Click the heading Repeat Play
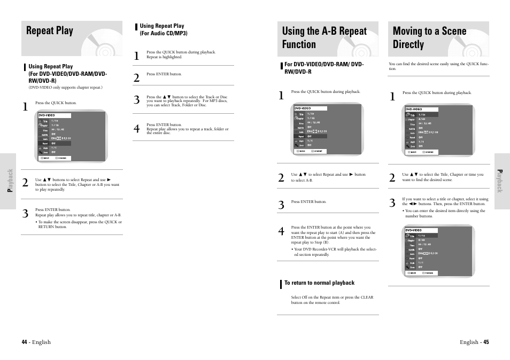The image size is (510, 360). click(50, 31)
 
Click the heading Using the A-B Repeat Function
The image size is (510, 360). click(324, 38)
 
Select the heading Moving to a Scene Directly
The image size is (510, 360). click(429, 38)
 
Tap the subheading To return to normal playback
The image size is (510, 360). click(319, 283)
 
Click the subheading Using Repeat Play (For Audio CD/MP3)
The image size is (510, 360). click(163, 29)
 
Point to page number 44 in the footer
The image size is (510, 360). click(24, 342)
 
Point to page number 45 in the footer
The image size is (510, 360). click(486, 342)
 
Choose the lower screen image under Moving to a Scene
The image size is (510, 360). click(438, 251)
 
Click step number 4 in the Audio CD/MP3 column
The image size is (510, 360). click(136, 129)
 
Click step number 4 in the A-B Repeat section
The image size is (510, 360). click(281, 232)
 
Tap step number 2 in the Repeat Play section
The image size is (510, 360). click(25, 183)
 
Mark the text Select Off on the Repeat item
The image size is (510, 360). click(331, 298)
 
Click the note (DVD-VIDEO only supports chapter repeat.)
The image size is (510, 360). click(66, 88)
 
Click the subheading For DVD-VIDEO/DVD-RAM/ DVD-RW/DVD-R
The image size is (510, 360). click(323, 68)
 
